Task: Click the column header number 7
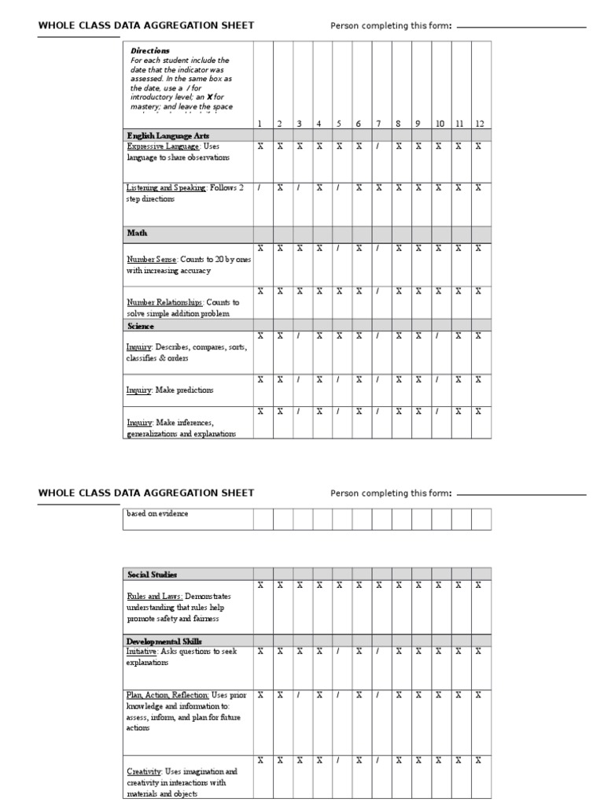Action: click(x=378, y=124)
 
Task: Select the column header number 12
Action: click(x=479, y=124)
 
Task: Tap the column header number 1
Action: click(x=260, y=124)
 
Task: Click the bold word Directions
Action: click(x=149, y=50)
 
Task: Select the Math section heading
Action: click(x=137, y=233)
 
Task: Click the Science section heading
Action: click(x=141, y=326)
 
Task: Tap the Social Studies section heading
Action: click(x=151, y=575)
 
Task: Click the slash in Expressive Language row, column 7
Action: click(x=378, y=146)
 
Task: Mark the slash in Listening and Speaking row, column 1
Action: click(x=260, y=188)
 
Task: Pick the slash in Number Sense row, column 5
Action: click(x=338, y=248)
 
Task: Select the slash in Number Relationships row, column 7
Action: click(x=378, y=290)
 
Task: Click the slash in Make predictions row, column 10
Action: click(x=437, y=379)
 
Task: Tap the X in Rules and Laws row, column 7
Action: click(x=378, y=585)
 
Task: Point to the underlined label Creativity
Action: click(x=143, y=771)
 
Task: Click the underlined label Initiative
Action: click(x=142, y=652)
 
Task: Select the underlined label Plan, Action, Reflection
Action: click(x=168, y=695)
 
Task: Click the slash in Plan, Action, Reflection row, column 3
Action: click(x=299, y=695)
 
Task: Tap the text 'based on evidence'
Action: click(x=157, y=514)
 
